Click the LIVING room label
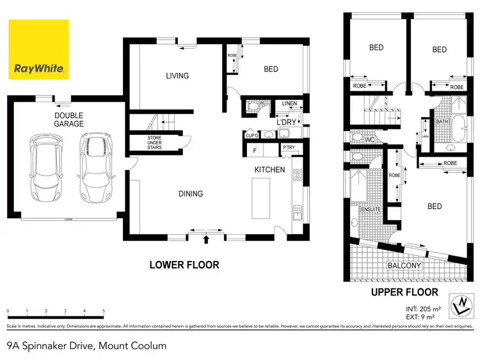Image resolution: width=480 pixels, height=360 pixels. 177,76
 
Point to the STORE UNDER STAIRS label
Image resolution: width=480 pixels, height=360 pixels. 154,142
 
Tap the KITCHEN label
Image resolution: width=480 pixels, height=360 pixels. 270,170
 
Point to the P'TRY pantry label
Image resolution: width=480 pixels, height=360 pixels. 288,148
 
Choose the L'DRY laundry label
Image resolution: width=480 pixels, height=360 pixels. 285,121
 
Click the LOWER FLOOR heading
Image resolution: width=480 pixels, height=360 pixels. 184,265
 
